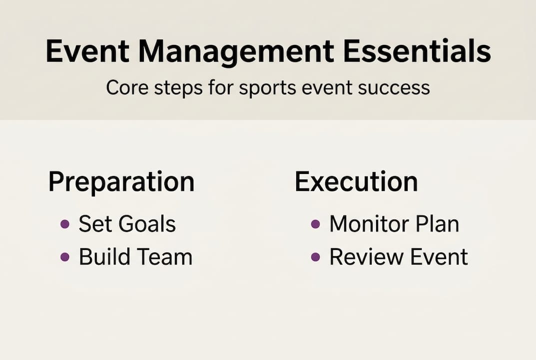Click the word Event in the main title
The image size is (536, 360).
[x=88, y=52]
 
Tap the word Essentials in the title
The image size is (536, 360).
[x=417, y=52]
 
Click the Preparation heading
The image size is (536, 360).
[x=121, y=182]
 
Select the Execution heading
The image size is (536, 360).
[x=356, y=181]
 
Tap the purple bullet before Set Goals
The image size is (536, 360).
[x=64, y=224]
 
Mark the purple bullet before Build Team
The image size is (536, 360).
[x=64, y=257]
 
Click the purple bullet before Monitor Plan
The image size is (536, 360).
[x=315, y=224]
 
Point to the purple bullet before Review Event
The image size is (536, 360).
[x=315, y=257]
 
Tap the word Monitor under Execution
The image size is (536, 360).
[x=369, y=224]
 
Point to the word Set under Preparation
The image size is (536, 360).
[x=95, y=224]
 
